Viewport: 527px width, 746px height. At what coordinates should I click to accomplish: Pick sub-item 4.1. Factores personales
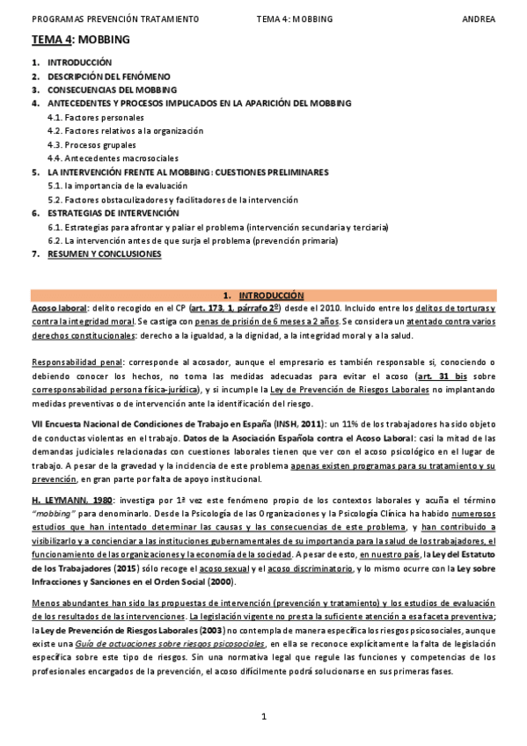pos(92,117)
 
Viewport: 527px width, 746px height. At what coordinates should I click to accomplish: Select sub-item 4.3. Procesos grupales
pos(91,144)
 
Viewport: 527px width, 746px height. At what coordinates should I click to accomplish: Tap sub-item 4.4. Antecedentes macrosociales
pos(109,158)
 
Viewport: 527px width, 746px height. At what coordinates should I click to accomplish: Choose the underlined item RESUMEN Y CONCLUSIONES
pos(105,253)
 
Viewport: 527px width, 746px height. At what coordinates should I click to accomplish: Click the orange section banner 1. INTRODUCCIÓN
pos(263,295)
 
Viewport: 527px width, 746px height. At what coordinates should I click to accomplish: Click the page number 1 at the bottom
pos(263,717)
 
